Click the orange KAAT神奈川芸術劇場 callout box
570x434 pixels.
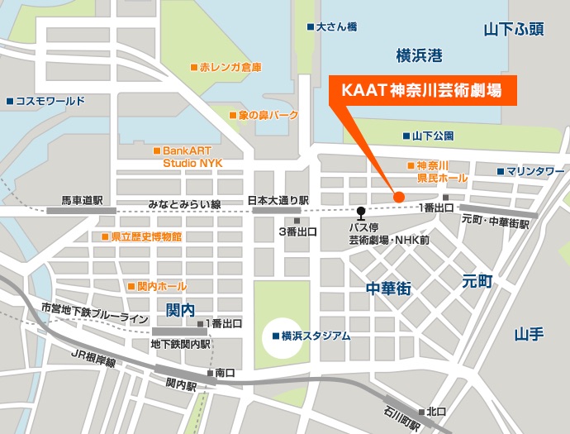(423, 89)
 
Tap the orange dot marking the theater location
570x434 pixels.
(398, 197)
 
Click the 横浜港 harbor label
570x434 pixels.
(419, 56)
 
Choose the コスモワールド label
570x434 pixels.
(48, 101)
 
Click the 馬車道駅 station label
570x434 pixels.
(82, 201)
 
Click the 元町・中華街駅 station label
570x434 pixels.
(495, 221)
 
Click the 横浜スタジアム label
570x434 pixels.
(311, 336)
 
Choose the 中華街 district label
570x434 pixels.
(388, 289)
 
